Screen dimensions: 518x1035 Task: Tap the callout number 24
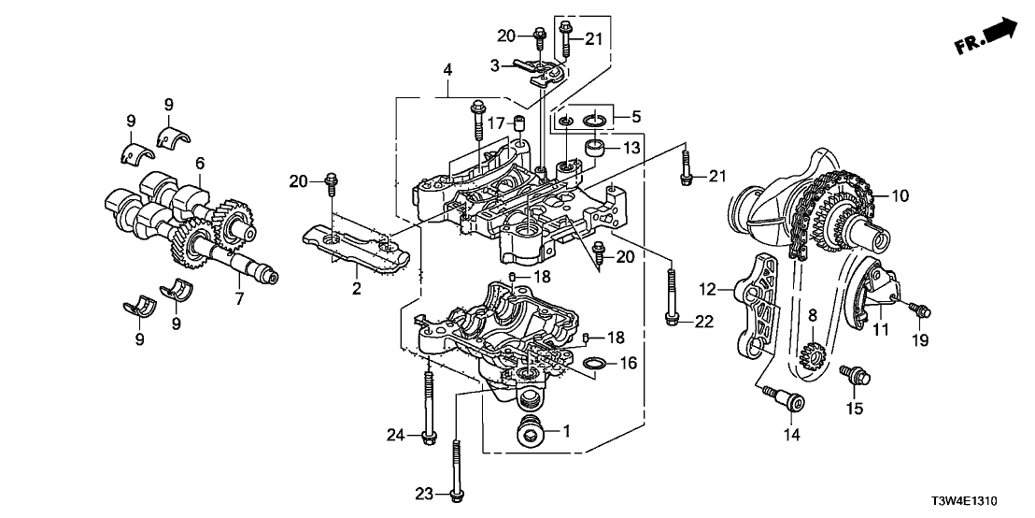[x=396, y=434]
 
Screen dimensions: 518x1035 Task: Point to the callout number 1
[x=564, y=431]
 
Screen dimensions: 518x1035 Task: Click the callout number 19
[x=921, y=341]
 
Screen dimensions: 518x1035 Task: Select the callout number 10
[x=900, y=196]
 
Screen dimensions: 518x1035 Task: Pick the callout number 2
[x=356, y=289]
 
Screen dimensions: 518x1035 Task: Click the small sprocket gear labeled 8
[x=810, y=353]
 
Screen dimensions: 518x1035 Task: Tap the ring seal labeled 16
[x=594, y=362]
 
